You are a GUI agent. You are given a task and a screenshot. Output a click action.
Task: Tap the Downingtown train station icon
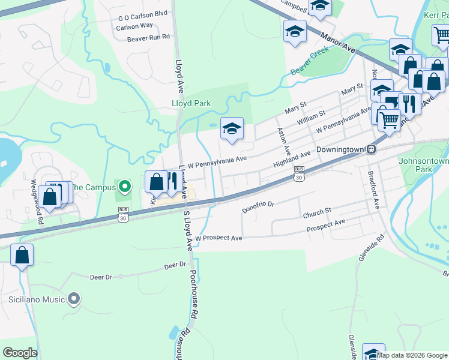(x=372, y=149)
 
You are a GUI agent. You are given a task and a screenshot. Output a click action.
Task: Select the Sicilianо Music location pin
(x=74, y=298)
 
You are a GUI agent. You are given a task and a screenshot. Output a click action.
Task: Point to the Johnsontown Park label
(x=423, y=165)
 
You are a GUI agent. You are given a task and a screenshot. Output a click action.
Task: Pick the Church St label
(x=317, y=212)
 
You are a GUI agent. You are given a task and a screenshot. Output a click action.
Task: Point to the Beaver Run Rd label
(x=148, y=38)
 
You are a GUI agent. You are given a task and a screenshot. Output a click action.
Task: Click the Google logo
(x=19, y=353)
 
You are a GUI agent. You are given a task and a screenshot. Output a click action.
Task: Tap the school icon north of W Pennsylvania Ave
(x=232, y=129)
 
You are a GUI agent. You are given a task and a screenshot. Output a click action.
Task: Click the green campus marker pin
(x=125, y=187)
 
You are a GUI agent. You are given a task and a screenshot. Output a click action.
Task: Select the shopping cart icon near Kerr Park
(x=442, y=36)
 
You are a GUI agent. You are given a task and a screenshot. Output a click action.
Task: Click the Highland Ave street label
(x=291, y=159)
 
